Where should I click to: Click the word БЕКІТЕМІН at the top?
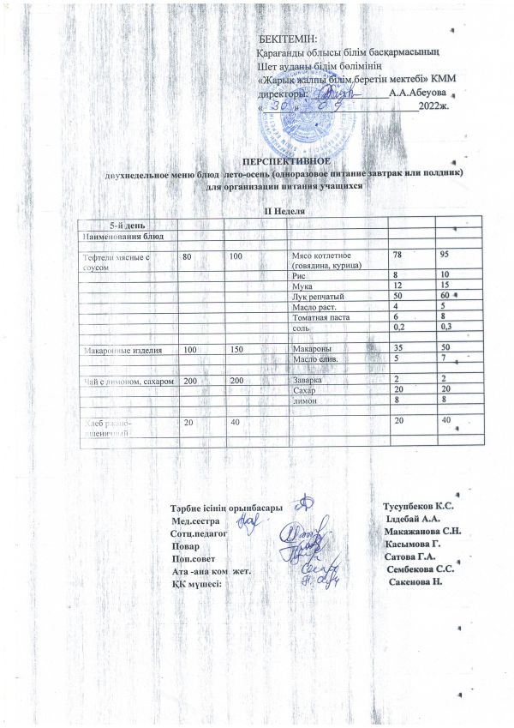click(288, 39)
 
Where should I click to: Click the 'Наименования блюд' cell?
click(128, 235)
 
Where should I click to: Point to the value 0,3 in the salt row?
click(445, 327)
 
